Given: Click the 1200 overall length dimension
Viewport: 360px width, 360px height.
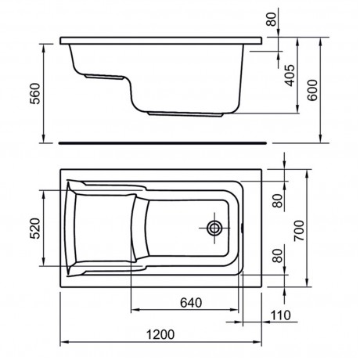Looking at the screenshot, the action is (160, 335).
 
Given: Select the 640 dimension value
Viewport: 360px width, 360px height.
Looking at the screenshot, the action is (191, 303).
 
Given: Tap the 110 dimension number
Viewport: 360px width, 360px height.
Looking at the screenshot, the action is (280, 315).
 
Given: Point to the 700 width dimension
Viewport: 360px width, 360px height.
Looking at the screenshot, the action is (299, 231).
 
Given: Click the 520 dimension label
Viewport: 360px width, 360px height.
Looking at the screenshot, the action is (34, 229).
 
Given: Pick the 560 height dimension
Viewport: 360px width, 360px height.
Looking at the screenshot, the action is (34, 94).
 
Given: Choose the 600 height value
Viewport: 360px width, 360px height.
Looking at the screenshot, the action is (312, 90).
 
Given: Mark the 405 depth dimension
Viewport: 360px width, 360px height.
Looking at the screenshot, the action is (290, 75).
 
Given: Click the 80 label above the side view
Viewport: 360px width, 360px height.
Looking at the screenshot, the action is (272, 20).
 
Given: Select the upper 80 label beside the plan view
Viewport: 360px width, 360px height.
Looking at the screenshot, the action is (278, 201).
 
